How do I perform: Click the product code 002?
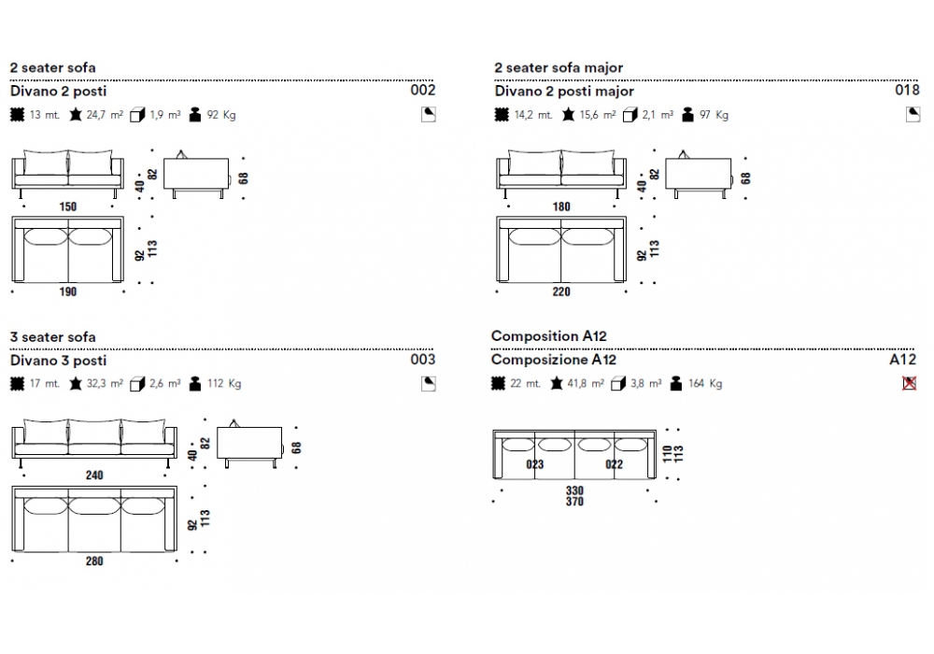423,91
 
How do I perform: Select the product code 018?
907,91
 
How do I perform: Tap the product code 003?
423,359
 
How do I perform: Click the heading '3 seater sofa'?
52,336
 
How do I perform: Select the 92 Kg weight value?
220,115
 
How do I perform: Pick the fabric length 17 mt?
44,383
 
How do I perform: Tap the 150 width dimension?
68,206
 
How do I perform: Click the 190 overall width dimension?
68,291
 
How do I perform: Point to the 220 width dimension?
560,291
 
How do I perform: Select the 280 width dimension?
94,561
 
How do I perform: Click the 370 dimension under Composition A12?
574,502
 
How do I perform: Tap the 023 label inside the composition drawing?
534,463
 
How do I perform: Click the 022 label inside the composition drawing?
614,463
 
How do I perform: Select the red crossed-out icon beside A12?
910,383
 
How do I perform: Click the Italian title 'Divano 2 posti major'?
564,92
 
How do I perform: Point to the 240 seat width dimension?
94,475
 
